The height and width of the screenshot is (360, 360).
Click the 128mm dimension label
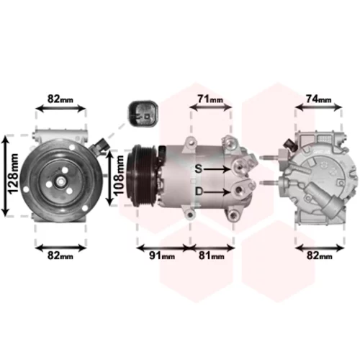coord(13,174)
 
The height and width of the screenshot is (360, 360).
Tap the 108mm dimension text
coord(119,175)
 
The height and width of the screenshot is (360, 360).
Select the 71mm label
coord(210,99)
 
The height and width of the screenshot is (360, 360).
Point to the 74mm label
coord(318,99)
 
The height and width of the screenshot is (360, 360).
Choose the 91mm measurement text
coord(162,256)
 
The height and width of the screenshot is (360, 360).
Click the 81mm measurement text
coord(211,256)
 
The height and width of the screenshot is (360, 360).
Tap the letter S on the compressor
coord(199,168)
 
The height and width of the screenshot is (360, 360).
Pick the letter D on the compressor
coord(199,192)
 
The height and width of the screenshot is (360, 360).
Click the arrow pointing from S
coord(217,169)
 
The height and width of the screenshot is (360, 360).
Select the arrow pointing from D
coord(217,192)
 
